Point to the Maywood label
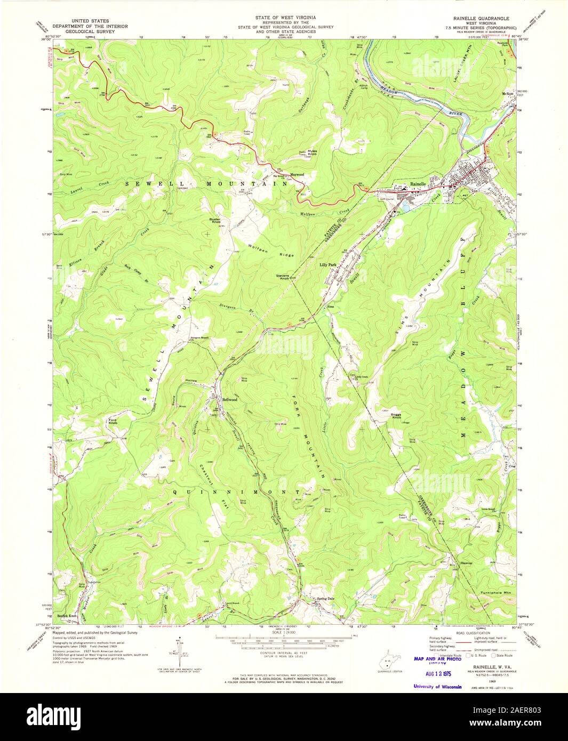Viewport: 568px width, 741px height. pos(297,174)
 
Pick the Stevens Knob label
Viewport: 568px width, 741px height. pos(282,277)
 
